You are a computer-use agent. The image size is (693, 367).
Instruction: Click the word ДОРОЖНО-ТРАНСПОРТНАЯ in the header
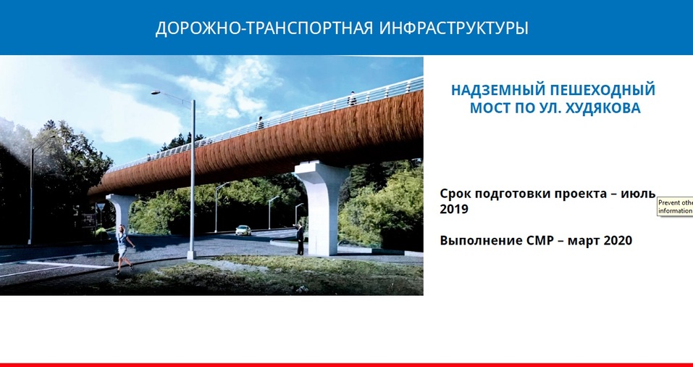tap(264, 29)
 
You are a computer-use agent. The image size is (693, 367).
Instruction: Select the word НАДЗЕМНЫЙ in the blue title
tap(497, 91)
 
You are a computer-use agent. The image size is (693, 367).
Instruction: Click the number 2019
tap(454, 209)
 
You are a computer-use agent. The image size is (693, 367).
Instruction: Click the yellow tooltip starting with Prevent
tap(675, 207)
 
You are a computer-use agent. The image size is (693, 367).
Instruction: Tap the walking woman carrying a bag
tap(124, 247)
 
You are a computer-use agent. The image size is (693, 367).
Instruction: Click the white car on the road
tap(243, 230)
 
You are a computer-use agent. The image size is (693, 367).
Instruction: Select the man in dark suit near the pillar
tap(300, 238)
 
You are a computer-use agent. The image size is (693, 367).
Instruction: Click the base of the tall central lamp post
tap(191, 255)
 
